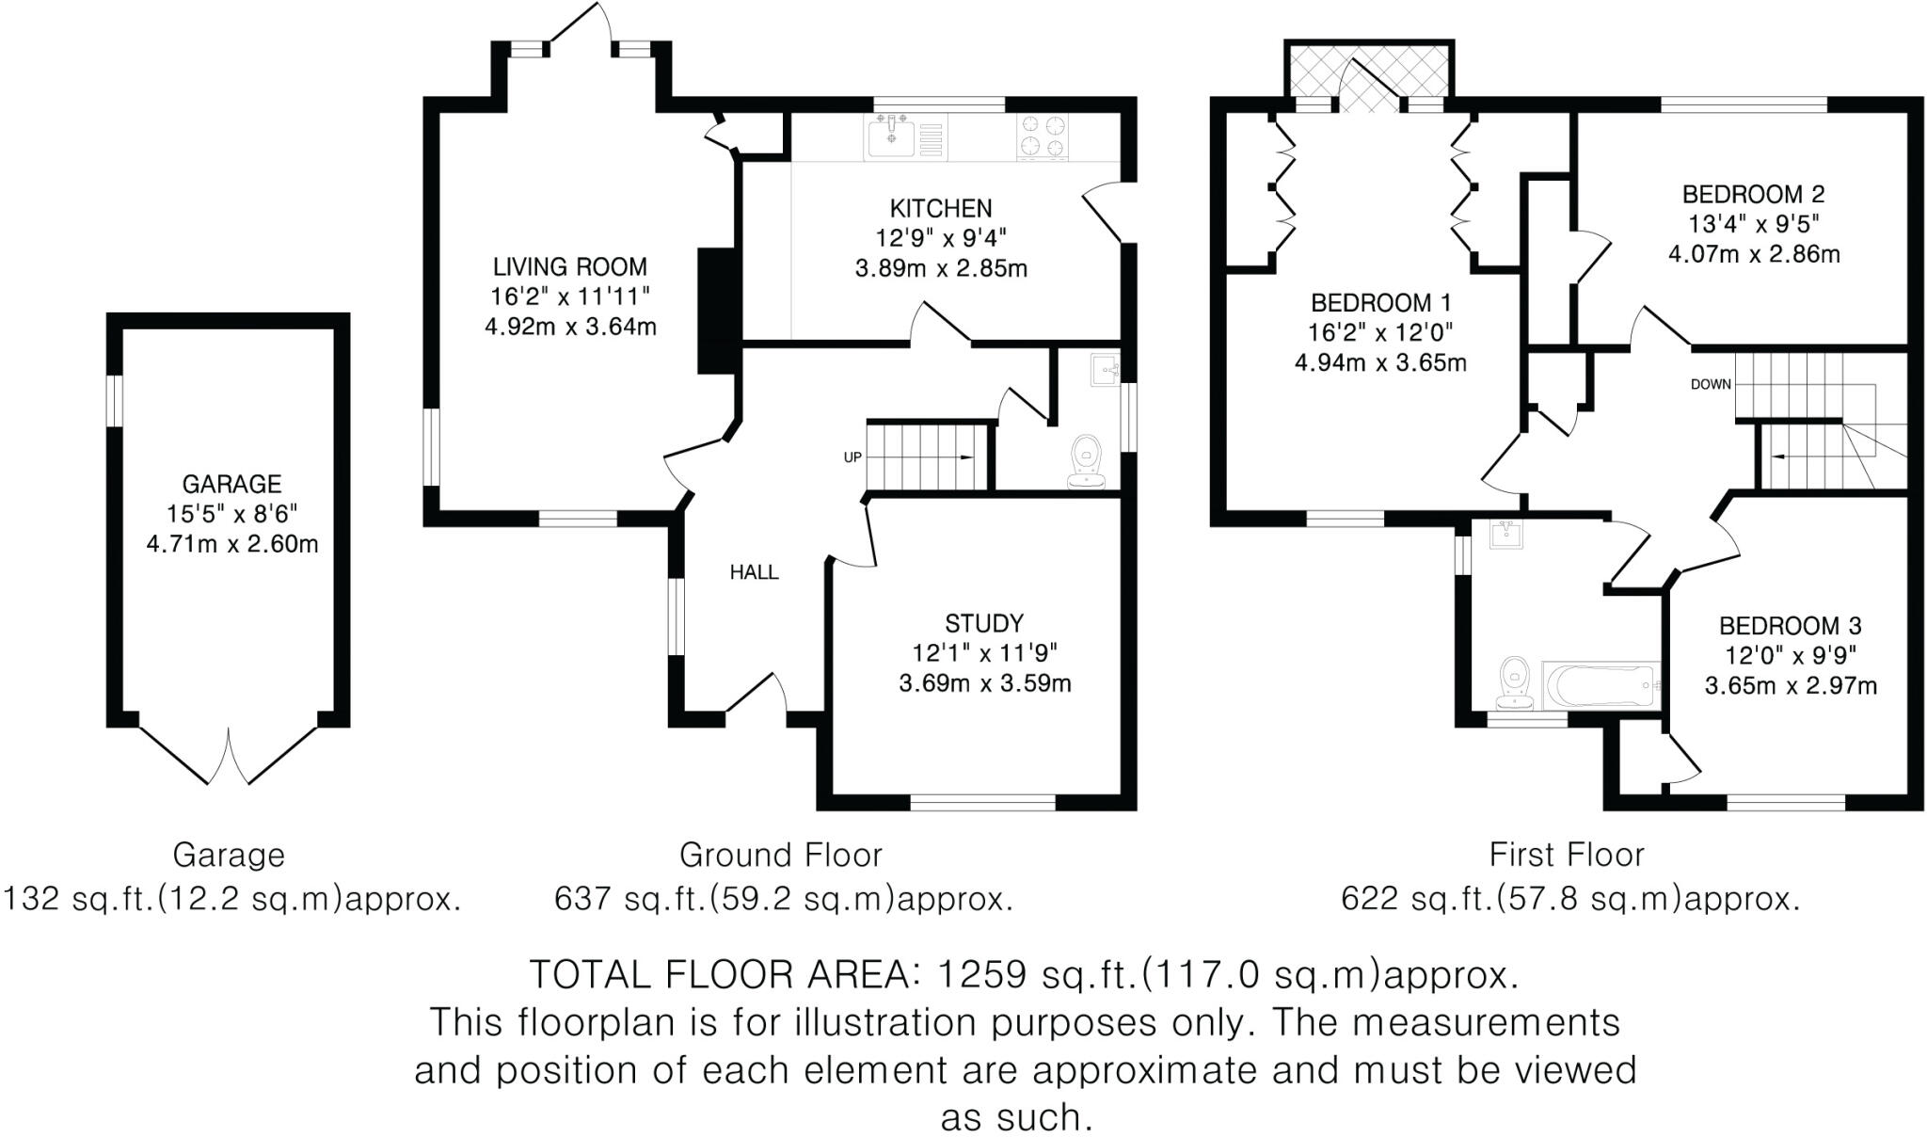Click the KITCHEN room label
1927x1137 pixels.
pos(941,208)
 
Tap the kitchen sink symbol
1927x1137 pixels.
pos(890,137)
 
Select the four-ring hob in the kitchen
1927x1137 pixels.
pos(1043,135)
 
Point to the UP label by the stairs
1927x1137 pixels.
pos(852,457)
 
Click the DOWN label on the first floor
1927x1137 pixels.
pos(1711,384)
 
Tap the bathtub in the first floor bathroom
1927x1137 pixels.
pos(1600,686)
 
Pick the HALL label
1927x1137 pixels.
pos(754,572)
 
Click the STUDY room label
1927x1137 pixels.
pos(984,623)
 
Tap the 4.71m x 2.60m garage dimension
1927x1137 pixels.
pos(231,544)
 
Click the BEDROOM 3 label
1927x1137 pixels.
pos(1791,626)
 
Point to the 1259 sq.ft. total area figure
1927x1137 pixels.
pos(982,975)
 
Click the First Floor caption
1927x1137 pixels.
pos(1567,855)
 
